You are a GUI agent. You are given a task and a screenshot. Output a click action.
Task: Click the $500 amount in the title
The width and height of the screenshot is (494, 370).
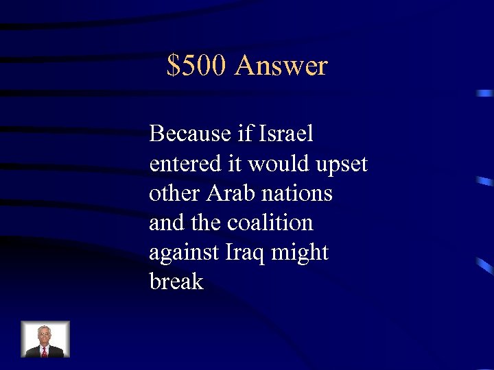click(x=197, y=66)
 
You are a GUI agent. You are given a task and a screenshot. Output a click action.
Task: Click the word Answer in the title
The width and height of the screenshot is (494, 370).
click(x=281, y=66)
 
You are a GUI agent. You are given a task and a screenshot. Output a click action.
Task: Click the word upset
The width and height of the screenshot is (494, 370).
click(x=342, y=164)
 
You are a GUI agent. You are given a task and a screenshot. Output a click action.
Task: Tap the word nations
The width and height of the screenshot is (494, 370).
click(x=298, y=193)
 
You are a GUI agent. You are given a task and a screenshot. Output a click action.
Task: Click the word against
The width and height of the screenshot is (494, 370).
click(x=184, y=253)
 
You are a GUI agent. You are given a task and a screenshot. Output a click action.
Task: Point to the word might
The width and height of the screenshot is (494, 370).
click(x=300, y=253)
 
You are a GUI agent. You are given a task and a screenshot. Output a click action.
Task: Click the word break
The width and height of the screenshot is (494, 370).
click(x=176, y=282)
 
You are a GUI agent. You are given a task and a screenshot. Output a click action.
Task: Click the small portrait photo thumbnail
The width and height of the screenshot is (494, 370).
click(x=45, y=339)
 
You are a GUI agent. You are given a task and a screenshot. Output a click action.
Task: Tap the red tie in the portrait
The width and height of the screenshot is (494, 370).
click(x=45, y=351)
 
